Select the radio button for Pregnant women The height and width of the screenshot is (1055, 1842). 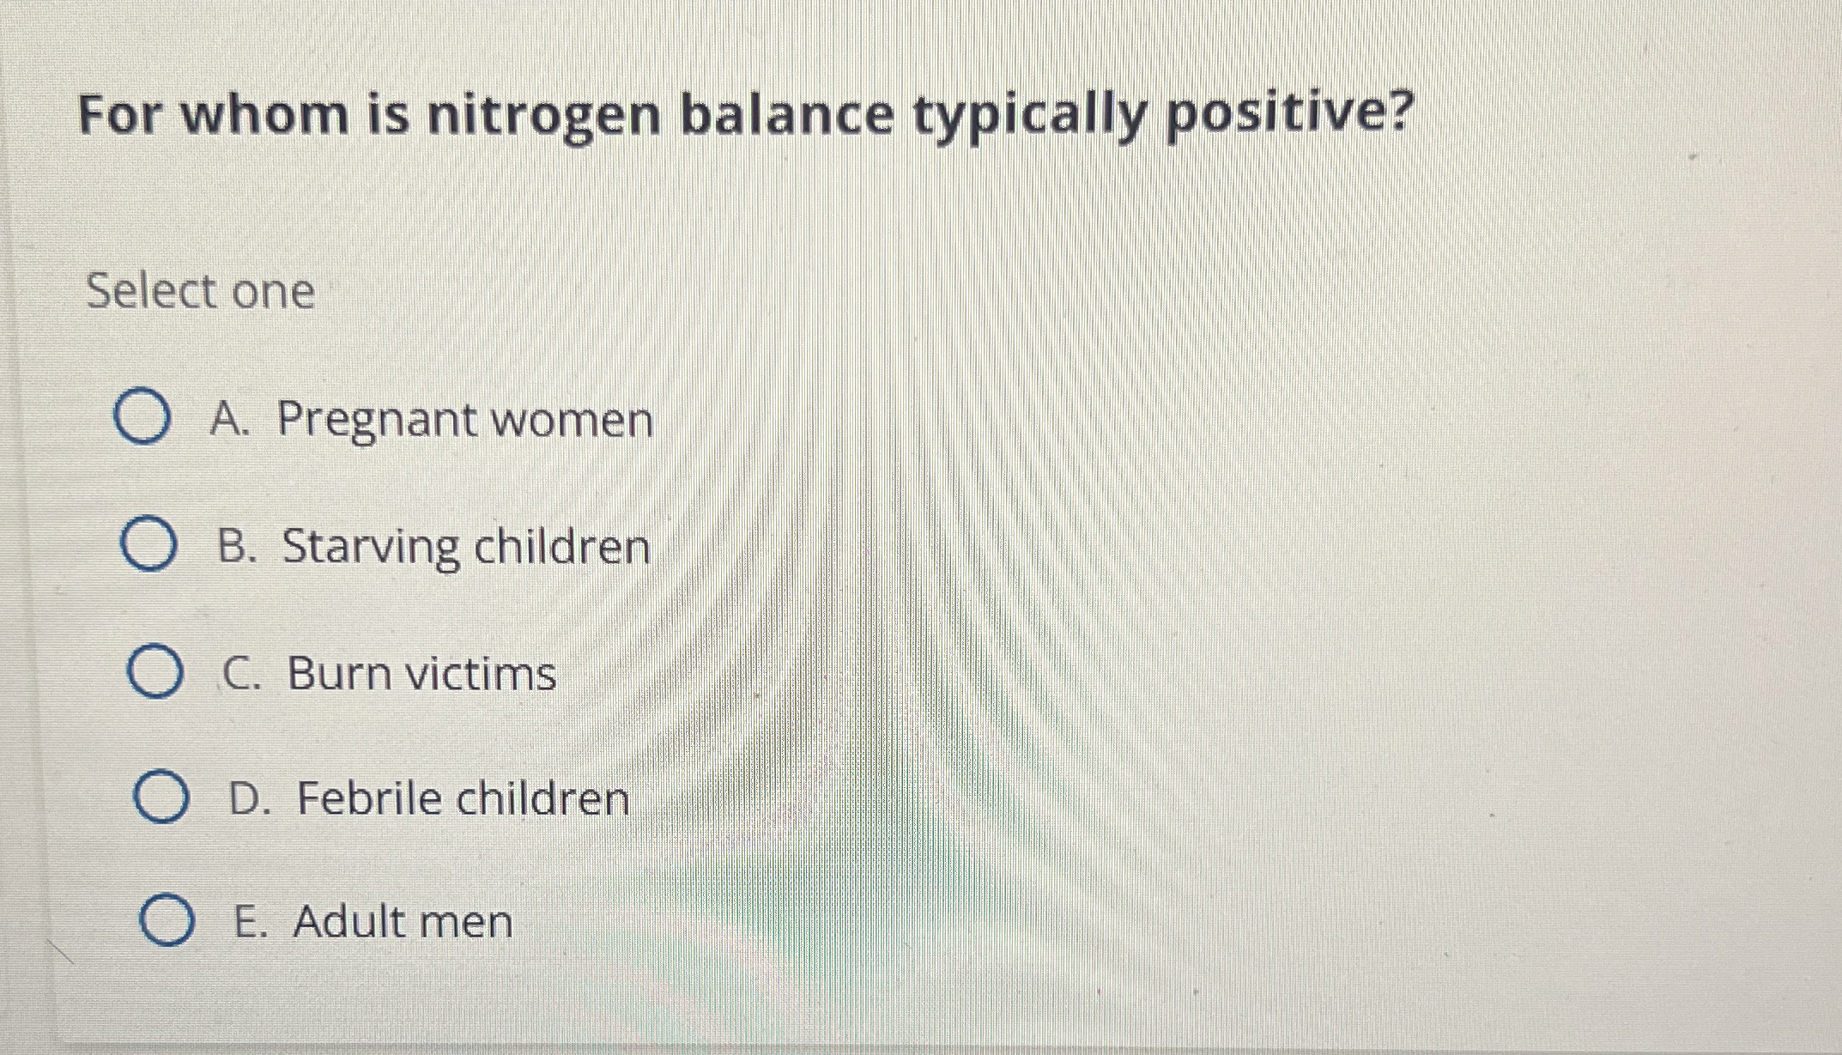point(142,419)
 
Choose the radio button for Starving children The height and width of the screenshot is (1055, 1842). point(148,546)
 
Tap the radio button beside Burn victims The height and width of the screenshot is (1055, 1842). point(155,672)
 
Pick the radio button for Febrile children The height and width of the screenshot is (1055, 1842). point(161,797)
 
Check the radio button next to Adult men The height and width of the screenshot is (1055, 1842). point(166,920)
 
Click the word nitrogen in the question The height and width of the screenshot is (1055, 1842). point(544,118)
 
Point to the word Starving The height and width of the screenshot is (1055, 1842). point(371,549)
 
